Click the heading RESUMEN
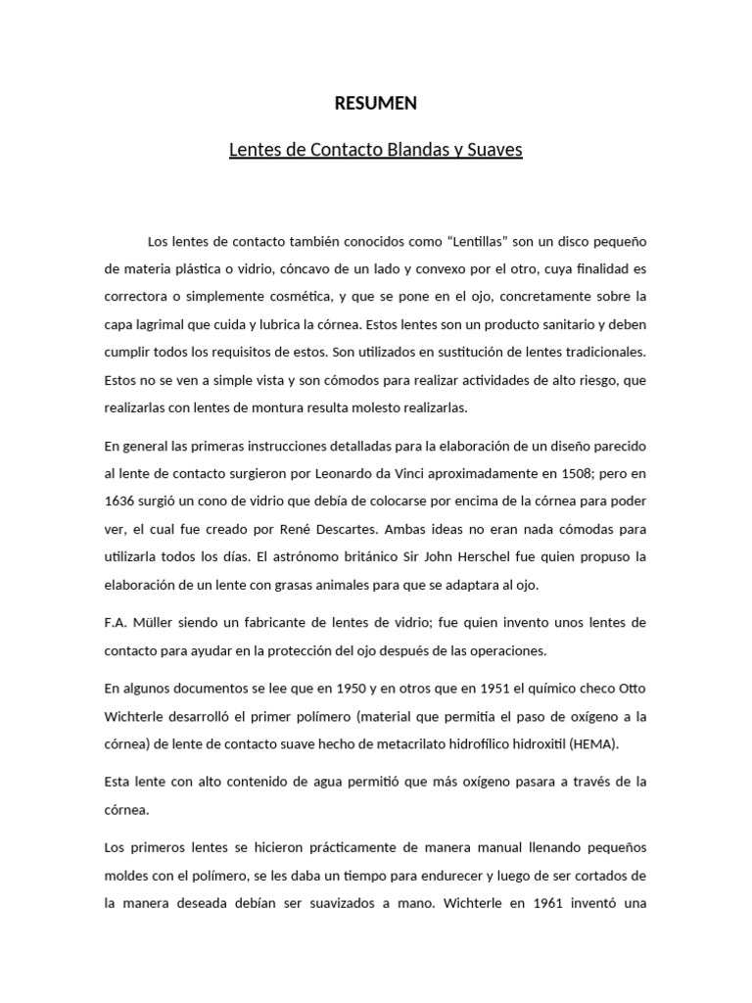click(376, 103)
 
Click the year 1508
click(558, 473)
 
